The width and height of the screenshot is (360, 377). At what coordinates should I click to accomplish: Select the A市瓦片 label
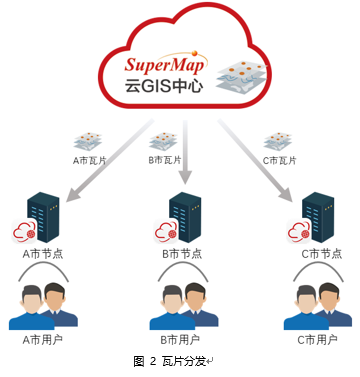pyautogui.click(x=91, y=158)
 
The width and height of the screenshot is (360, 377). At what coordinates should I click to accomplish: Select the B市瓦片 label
pyautogui.click(x=164, y=158)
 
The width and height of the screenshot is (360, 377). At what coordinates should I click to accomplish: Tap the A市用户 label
pyautogui.click(x=43, y=340)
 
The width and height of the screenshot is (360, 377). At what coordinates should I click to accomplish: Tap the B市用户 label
pyautogui.click(x=181, y=340)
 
